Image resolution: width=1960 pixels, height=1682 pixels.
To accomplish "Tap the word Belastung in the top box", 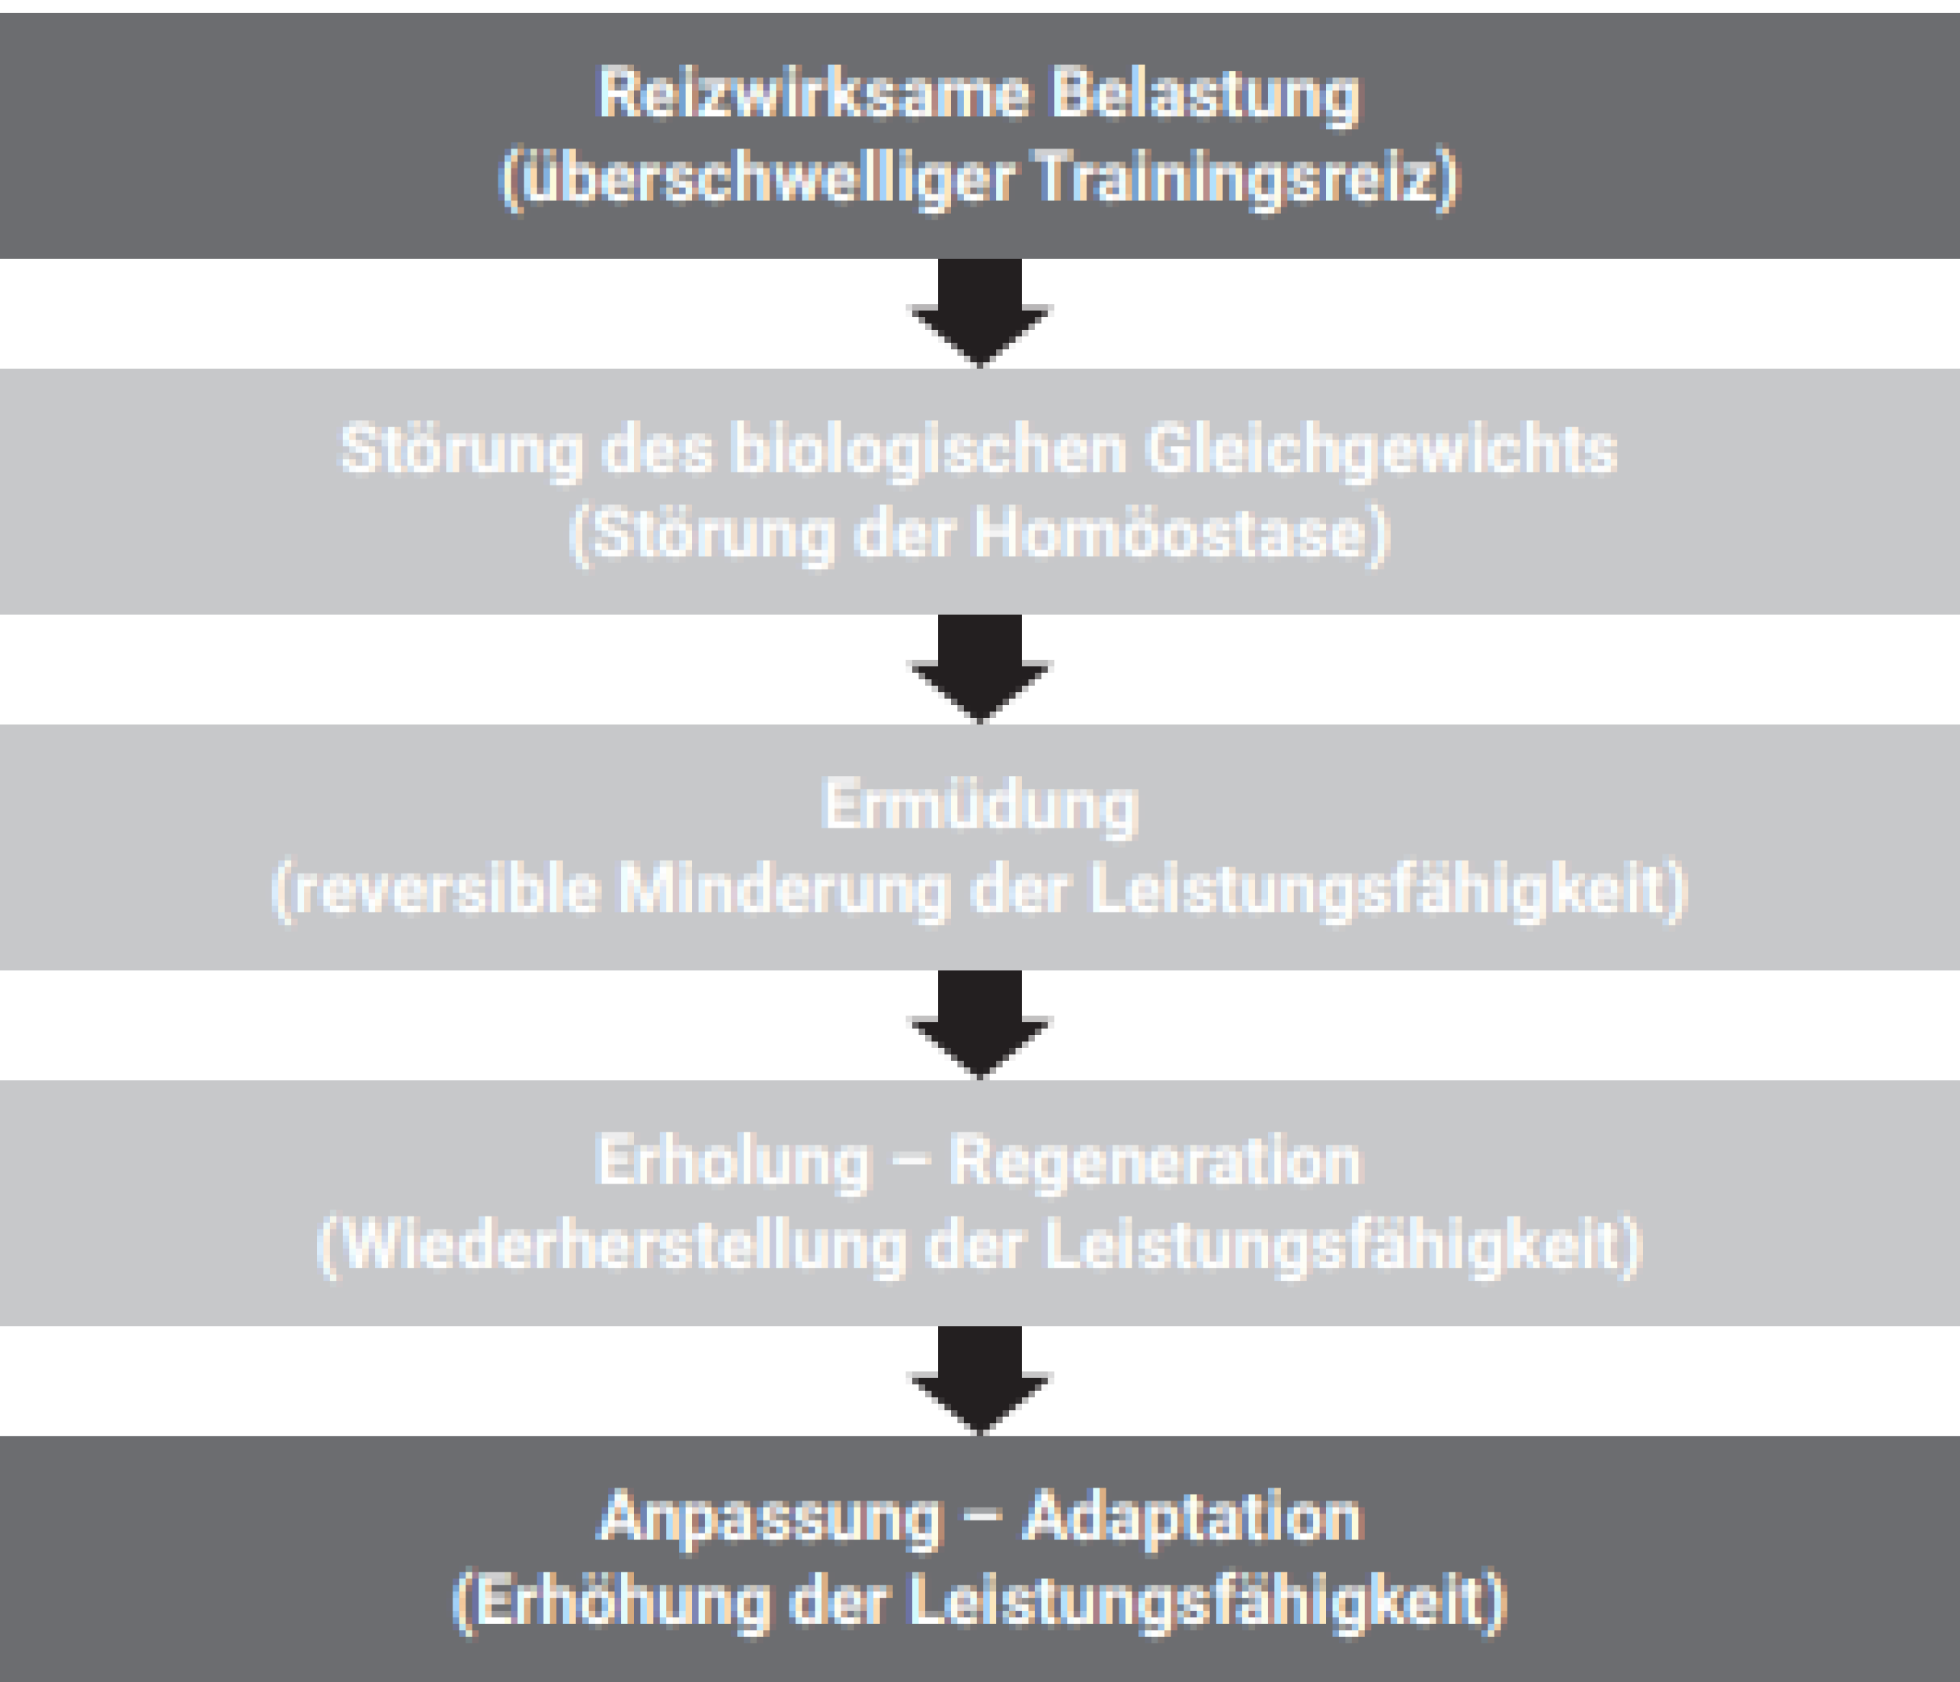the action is [1206, 96].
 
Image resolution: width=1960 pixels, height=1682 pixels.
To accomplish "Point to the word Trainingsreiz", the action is [1237, 178].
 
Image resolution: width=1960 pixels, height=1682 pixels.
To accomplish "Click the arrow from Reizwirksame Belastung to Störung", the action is [980, 312].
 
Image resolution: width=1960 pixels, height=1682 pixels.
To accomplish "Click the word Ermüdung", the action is [980, 807].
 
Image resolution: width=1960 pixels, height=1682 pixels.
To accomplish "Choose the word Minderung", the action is [784, 890].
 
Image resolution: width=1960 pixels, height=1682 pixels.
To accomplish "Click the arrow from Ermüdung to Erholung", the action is [980, 1024].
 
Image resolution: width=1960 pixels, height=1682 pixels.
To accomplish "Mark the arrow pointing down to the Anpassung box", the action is [980, 1380].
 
